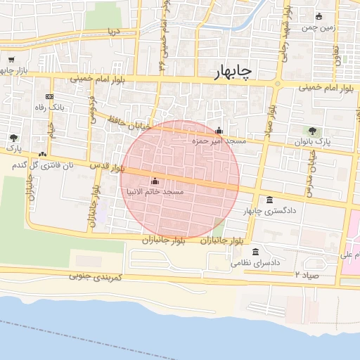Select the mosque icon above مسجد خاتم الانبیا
tap(155, 181)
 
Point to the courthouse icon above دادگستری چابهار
tap(271, 200)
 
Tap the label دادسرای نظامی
tap(255, 262)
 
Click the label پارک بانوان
tap(312, 141)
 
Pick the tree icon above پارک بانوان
tap(312, 131)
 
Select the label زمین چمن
tap(318, 27)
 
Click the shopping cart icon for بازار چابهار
tap(12, 60)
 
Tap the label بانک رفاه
tap(51, 107)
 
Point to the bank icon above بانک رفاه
tap(49, 96)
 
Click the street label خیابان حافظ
tap(124, 124)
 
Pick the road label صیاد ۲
tap(307, 274)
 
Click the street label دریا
tap(113, 32)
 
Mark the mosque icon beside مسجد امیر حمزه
tap(219, 131)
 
